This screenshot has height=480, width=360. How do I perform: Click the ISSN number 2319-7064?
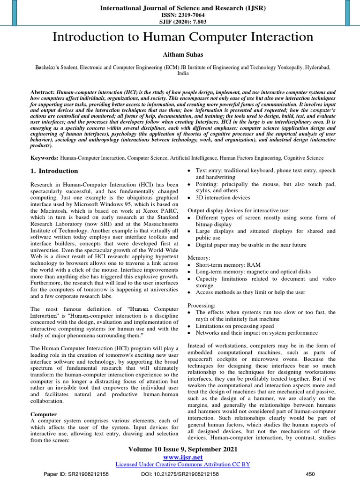(x=180, y=14)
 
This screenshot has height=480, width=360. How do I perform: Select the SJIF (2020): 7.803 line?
(x=180, y=21)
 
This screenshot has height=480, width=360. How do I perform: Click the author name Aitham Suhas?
(x=180, y=55)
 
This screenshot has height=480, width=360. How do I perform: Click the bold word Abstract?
(x=43, y=93)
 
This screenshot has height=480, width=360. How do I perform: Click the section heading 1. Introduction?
(x=54, y=171)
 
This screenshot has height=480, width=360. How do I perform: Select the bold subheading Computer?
(x=44, y=414)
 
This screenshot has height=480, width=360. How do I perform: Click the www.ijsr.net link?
(x=183, y=457)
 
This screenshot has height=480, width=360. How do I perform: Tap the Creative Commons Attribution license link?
(x=183, y=464)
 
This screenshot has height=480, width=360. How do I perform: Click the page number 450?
(x=310, y=474)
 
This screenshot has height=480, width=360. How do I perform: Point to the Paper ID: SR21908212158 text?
(x=76, y=474)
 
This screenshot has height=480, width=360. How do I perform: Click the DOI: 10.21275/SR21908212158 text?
(x=180, y=474)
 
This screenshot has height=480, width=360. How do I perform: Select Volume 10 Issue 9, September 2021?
(x=183, y=449)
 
